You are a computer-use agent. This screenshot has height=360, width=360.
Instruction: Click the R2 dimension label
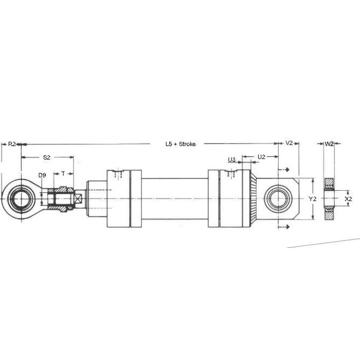click(x=12, y=144)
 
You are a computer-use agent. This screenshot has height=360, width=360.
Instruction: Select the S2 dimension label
click(x=47, y=157)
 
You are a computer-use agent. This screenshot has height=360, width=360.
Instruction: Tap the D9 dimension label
click(x=42, y=175)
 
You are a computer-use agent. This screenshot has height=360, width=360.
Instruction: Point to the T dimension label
click(x=63, y=174)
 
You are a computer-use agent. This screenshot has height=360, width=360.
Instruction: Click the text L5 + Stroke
click(x=181, y=144)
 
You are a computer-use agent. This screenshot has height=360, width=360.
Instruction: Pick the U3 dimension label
click(x=231, y=159)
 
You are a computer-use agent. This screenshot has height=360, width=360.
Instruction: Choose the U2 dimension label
click(x=261, y=157)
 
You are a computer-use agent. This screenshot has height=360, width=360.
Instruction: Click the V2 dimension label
click(x=289, y=143)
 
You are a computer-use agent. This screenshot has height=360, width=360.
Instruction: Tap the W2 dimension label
click(x=329, y=144)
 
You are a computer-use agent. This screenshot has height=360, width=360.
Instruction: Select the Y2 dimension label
click(x=312, y=199)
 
